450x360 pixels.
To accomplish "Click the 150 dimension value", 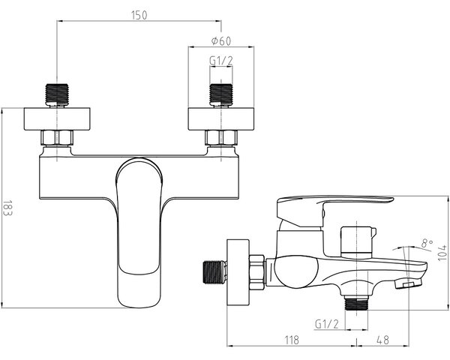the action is pos(139,15).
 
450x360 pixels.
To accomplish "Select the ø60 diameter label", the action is pos(221,41).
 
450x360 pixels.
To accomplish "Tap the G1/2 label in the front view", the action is pos(221,61).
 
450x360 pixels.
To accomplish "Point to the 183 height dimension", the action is pos(7,208).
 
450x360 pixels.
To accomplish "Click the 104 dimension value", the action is pos(442,253).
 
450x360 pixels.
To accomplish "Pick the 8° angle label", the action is pos(427,244).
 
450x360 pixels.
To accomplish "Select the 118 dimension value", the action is pos(292,340).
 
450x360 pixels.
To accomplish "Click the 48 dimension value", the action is pos(382,340).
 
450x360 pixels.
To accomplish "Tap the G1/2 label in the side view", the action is pos(327,325).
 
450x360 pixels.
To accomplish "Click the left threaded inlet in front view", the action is pos(57,95).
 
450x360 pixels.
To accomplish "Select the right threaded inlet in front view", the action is pos(221,95).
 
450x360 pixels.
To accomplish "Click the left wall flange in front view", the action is pos(57,118).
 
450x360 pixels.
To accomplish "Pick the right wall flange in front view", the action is pos(221,118).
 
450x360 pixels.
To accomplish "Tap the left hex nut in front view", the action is pos(57,137).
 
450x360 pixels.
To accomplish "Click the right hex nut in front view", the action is pos(221,137).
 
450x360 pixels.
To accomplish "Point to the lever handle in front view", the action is pos(139,232).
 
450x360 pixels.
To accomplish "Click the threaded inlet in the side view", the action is pos(214,272).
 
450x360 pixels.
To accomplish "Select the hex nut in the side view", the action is pos(256,272).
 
